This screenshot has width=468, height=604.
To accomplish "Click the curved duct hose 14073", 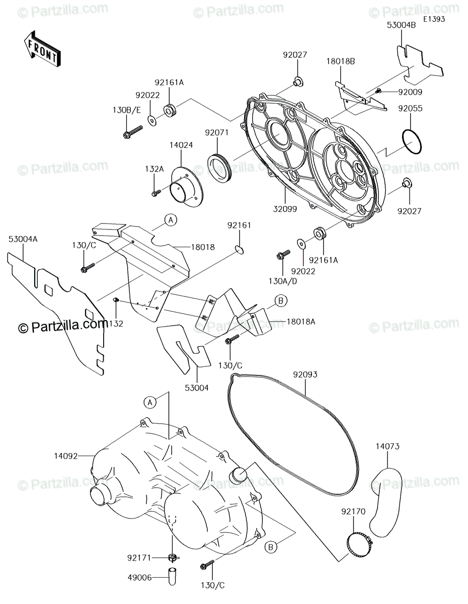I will [383, 501].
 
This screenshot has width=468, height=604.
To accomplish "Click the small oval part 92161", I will [240, 248].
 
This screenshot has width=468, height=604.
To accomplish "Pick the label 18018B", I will [341, 61].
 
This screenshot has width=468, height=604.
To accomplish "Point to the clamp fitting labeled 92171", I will [172, 557].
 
